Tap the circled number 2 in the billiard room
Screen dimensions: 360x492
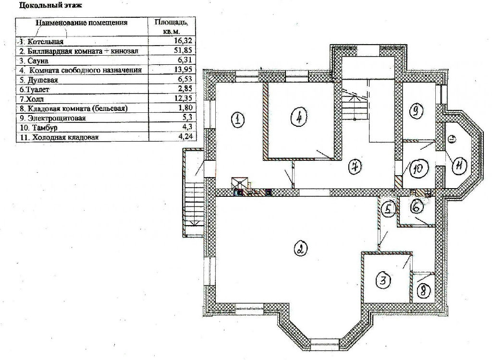click(x=300, y=249)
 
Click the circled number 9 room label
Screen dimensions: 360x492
click(x=416, y=111)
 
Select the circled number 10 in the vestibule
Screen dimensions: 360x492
click(x=418, y=169)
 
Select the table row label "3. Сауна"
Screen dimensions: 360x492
click(x=34, y=61)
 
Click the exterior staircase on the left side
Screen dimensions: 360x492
click(x=195, y=197)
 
